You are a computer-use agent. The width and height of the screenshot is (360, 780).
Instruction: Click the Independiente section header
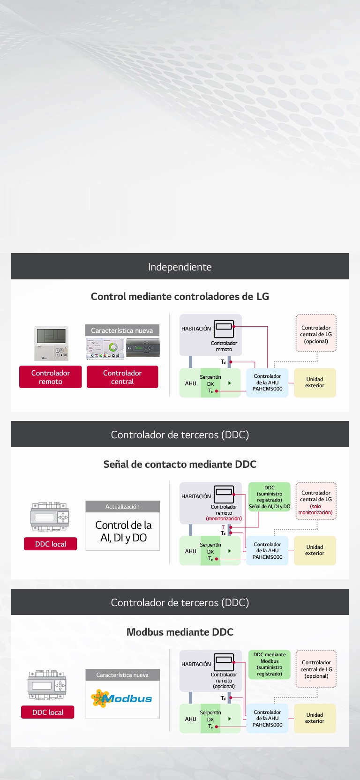click(x=180, y=267)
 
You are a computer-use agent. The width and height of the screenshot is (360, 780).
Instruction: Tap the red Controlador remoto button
click(x=51, y=377)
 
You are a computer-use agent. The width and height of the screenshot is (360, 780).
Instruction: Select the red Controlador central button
click(x=122, y=377)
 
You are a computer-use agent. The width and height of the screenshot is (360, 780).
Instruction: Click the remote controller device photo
click(x=51, y=344)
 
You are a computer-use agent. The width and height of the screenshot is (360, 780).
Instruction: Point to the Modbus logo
click(x=122, y=698)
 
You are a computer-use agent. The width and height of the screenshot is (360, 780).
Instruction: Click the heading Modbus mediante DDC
click(x=180, y=632)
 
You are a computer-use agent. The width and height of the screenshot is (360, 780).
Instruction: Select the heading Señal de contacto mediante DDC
click(x=180, y=464)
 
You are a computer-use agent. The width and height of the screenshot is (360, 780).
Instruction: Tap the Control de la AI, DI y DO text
click(x=123, y=532)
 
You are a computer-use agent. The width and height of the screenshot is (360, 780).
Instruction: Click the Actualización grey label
click(x=122, y=507)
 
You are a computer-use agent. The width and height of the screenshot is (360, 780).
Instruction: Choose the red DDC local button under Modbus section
click(x=48, y=712)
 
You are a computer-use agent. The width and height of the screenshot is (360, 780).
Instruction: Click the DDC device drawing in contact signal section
click(x=50, y=517)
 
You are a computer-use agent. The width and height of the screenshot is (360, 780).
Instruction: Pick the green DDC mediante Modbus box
click(x=270, y=664)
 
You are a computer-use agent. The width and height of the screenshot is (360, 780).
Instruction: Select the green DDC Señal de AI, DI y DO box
click(x=270, y=497)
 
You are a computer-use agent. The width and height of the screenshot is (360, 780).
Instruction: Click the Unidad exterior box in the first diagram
click(x=315, y=382)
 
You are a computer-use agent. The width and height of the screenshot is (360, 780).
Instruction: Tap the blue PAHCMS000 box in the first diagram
click(x=267, y=382)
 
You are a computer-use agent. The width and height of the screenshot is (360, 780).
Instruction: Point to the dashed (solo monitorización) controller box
click(x=316, y=502)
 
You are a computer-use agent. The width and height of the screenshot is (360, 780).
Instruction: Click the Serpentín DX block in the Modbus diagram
click(x=210, y=719)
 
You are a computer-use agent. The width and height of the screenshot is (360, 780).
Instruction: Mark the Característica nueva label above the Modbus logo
click(x=122, y=675)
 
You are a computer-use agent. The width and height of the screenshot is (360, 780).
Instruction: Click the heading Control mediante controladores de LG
click(x=180, y=296)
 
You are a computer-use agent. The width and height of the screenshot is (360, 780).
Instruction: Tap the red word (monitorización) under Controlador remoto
click(x=224, y=518)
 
